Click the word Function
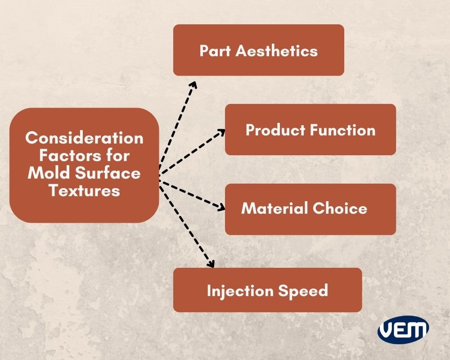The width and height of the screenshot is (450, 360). coord(343,130)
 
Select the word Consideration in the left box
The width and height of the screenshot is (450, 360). coord(84,138)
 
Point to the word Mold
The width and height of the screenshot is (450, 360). coord(45,173)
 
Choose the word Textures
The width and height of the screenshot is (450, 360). coord(84,190)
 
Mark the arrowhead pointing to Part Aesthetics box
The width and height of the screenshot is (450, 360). coord(193,84)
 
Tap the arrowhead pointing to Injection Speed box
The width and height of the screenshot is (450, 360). coord(210,264)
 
